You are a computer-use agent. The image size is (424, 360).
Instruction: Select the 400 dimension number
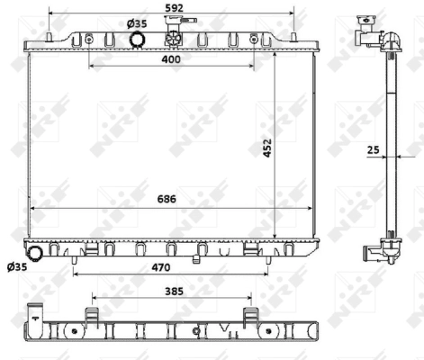(x=171, y=58)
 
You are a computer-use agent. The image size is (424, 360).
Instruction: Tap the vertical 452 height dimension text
(x=266, y=147)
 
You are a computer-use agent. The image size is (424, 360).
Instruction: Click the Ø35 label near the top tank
(x=137, y=22)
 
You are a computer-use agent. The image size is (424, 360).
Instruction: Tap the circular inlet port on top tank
(x=138, y=40)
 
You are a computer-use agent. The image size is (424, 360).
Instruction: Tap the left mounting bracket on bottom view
(x=92, y=317)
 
